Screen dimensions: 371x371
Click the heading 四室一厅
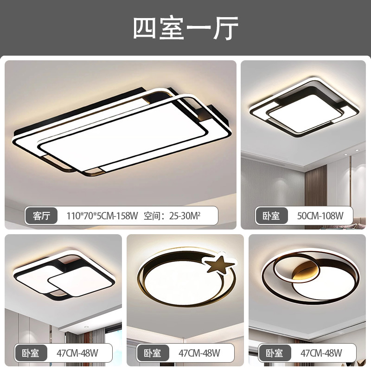coord(185,29)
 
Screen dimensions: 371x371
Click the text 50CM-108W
coord(320,216)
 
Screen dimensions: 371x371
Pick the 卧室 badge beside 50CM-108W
coord(271,216)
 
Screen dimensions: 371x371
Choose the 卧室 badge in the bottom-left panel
coord(31,353)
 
